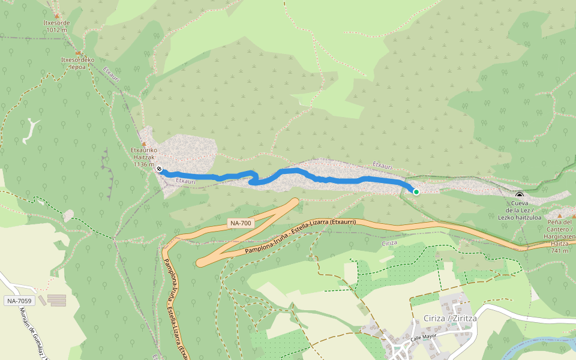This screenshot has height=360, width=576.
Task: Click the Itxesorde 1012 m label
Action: click(x=57, y=26)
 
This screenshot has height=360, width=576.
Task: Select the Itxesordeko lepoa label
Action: click(x=78, y=63)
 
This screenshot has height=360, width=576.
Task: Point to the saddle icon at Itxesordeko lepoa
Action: click(x=79, y=53)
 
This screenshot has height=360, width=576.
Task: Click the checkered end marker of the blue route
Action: click(x=159, y=169)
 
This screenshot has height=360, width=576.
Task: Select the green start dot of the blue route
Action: click(x=416, y=191)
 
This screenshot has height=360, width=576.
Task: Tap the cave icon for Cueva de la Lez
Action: click(x=519, y=194)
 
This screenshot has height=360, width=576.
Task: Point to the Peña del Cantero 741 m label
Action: click(x=560, y=236)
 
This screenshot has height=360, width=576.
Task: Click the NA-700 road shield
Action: click(x=241, y=223)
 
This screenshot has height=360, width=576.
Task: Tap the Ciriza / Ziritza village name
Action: click(x=449, y=318)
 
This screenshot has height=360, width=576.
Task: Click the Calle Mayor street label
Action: click(x=423, y=338)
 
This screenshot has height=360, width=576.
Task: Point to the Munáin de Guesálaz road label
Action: click(x=30, y=334)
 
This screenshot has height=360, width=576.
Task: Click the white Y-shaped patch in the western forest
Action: click(x=30, y=131)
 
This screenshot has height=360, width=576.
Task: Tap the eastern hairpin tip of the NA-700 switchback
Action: click(x=295, y=202)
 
